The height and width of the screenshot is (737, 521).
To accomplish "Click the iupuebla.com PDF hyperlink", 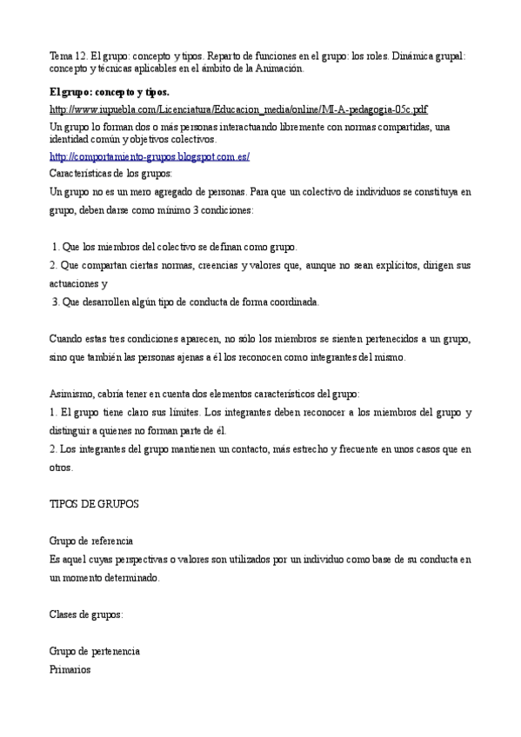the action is [x=238, y=109].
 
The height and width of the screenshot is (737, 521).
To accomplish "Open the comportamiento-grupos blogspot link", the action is [x=150, y=156].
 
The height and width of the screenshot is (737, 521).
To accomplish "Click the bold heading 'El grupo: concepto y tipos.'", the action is [x=110, y=91].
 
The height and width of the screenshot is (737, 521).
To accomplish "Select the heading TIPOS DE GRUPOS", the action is [x=94, y=504].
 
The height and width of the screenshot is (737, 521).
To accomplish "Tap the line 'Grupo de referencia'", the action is [x=90, y=541].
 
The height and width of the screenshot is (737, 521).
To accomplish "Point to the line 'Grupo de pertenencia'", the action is [x=94, y=652].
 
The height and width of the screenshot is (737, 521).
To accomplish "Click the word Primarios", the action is [x=70, y=670].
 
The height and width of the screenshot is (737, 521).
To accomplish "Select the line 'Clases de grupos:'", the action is [x=86, y=614].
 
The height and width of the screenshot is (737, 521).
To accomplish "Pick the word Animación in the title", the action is [x=277, y=68].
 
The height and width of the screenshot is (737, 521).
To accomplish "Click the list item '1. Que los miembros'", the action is [x=175, y=247].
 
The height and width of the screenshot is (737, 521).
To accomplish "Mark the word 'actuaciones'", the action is [x=74, y=284].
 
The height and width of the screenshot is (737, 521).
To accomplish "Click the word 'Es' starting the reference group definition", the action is [x=54, y=559].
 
